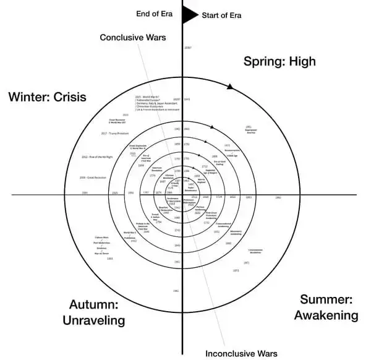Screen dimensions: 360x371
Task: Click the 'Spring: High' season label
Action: pos(279,61)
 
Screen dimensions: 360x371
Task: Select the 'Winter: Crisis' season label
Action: pos(46,96)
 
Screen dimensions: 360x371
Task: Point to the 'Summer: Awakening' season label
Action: pos(326,307)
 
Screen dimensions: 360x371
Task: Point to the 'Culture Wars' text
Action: pos(102,237)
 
